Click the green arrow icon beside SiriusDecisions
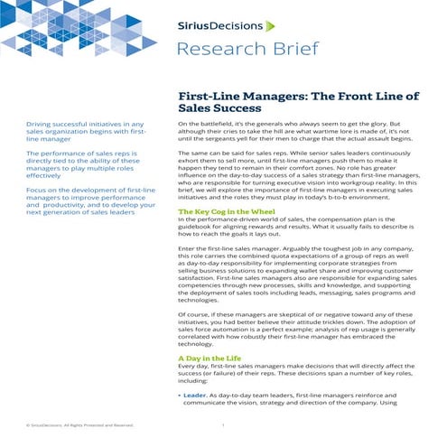click(x=269, y=26)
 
